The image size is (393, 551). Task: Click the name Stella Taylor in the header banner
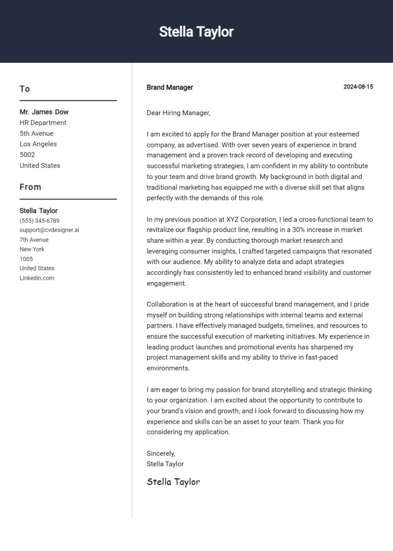click(196, 32)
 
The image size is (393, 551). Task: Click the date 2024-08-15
click(358, 87)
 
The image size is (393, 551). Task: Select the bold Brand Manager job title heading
click(170, 87)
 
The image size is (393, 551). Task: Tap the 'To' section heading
click(25, 89)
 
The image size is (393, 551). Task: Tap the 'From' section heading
click(30, 187)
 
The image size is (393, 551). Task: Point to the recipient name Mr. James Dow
click(44, 112)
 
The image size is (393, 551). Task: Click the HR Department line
click(43, 123)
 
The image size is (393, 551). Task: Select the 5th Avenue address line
click(36, 133)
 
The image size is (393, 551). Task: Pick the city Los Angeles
click(38, 144)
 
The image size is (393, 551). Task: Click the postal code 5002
click(27, 155)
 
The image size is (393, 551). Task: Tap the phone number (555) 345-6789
click(39, 221)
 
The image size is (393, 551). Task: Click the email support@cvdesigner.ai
click(49, 230)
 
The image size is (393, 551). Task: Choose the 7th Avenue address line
click(34, 240)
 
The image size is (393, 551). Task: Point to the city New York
click(32, 249)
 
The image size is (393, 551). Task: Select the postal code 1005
click(26, 259)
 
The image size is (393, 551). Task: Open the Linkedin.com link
click(37, 278)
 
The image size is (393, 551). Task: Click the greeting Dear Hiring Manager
click(178, 113)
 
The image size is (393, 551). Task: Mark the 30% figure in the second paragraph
click(300, 230)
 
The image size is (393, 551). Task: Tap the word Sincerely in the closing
click(161, 453)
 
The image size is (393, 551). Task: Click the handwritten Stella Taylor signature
click(173, 481)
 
